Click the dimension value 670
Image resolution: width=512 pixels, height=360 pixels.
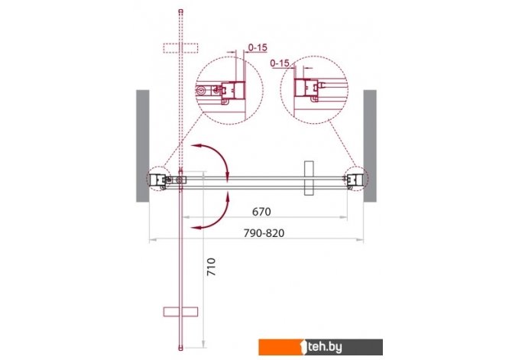pos(261,212)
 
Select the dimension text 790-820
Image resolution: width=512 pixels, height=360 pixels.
pos(264,233)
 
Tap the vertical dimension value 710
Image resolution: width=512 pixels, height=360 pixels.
pos(211,267)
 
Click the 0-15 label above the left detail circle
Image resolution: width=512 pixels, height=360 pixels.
pos(258,47)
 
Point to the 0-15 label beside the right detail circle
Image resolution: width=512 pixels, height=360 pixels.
pos(280,63)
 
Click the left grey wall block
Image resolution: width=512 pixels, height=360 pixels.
pos(143,146)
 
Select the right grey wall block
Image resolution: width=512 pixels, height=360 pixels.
pos(370,146)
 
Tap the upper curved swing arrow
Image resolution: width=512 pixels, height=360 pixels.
pos(220,155)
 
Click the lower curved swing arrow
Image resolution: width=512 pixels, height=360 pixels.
pos(220,216)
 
